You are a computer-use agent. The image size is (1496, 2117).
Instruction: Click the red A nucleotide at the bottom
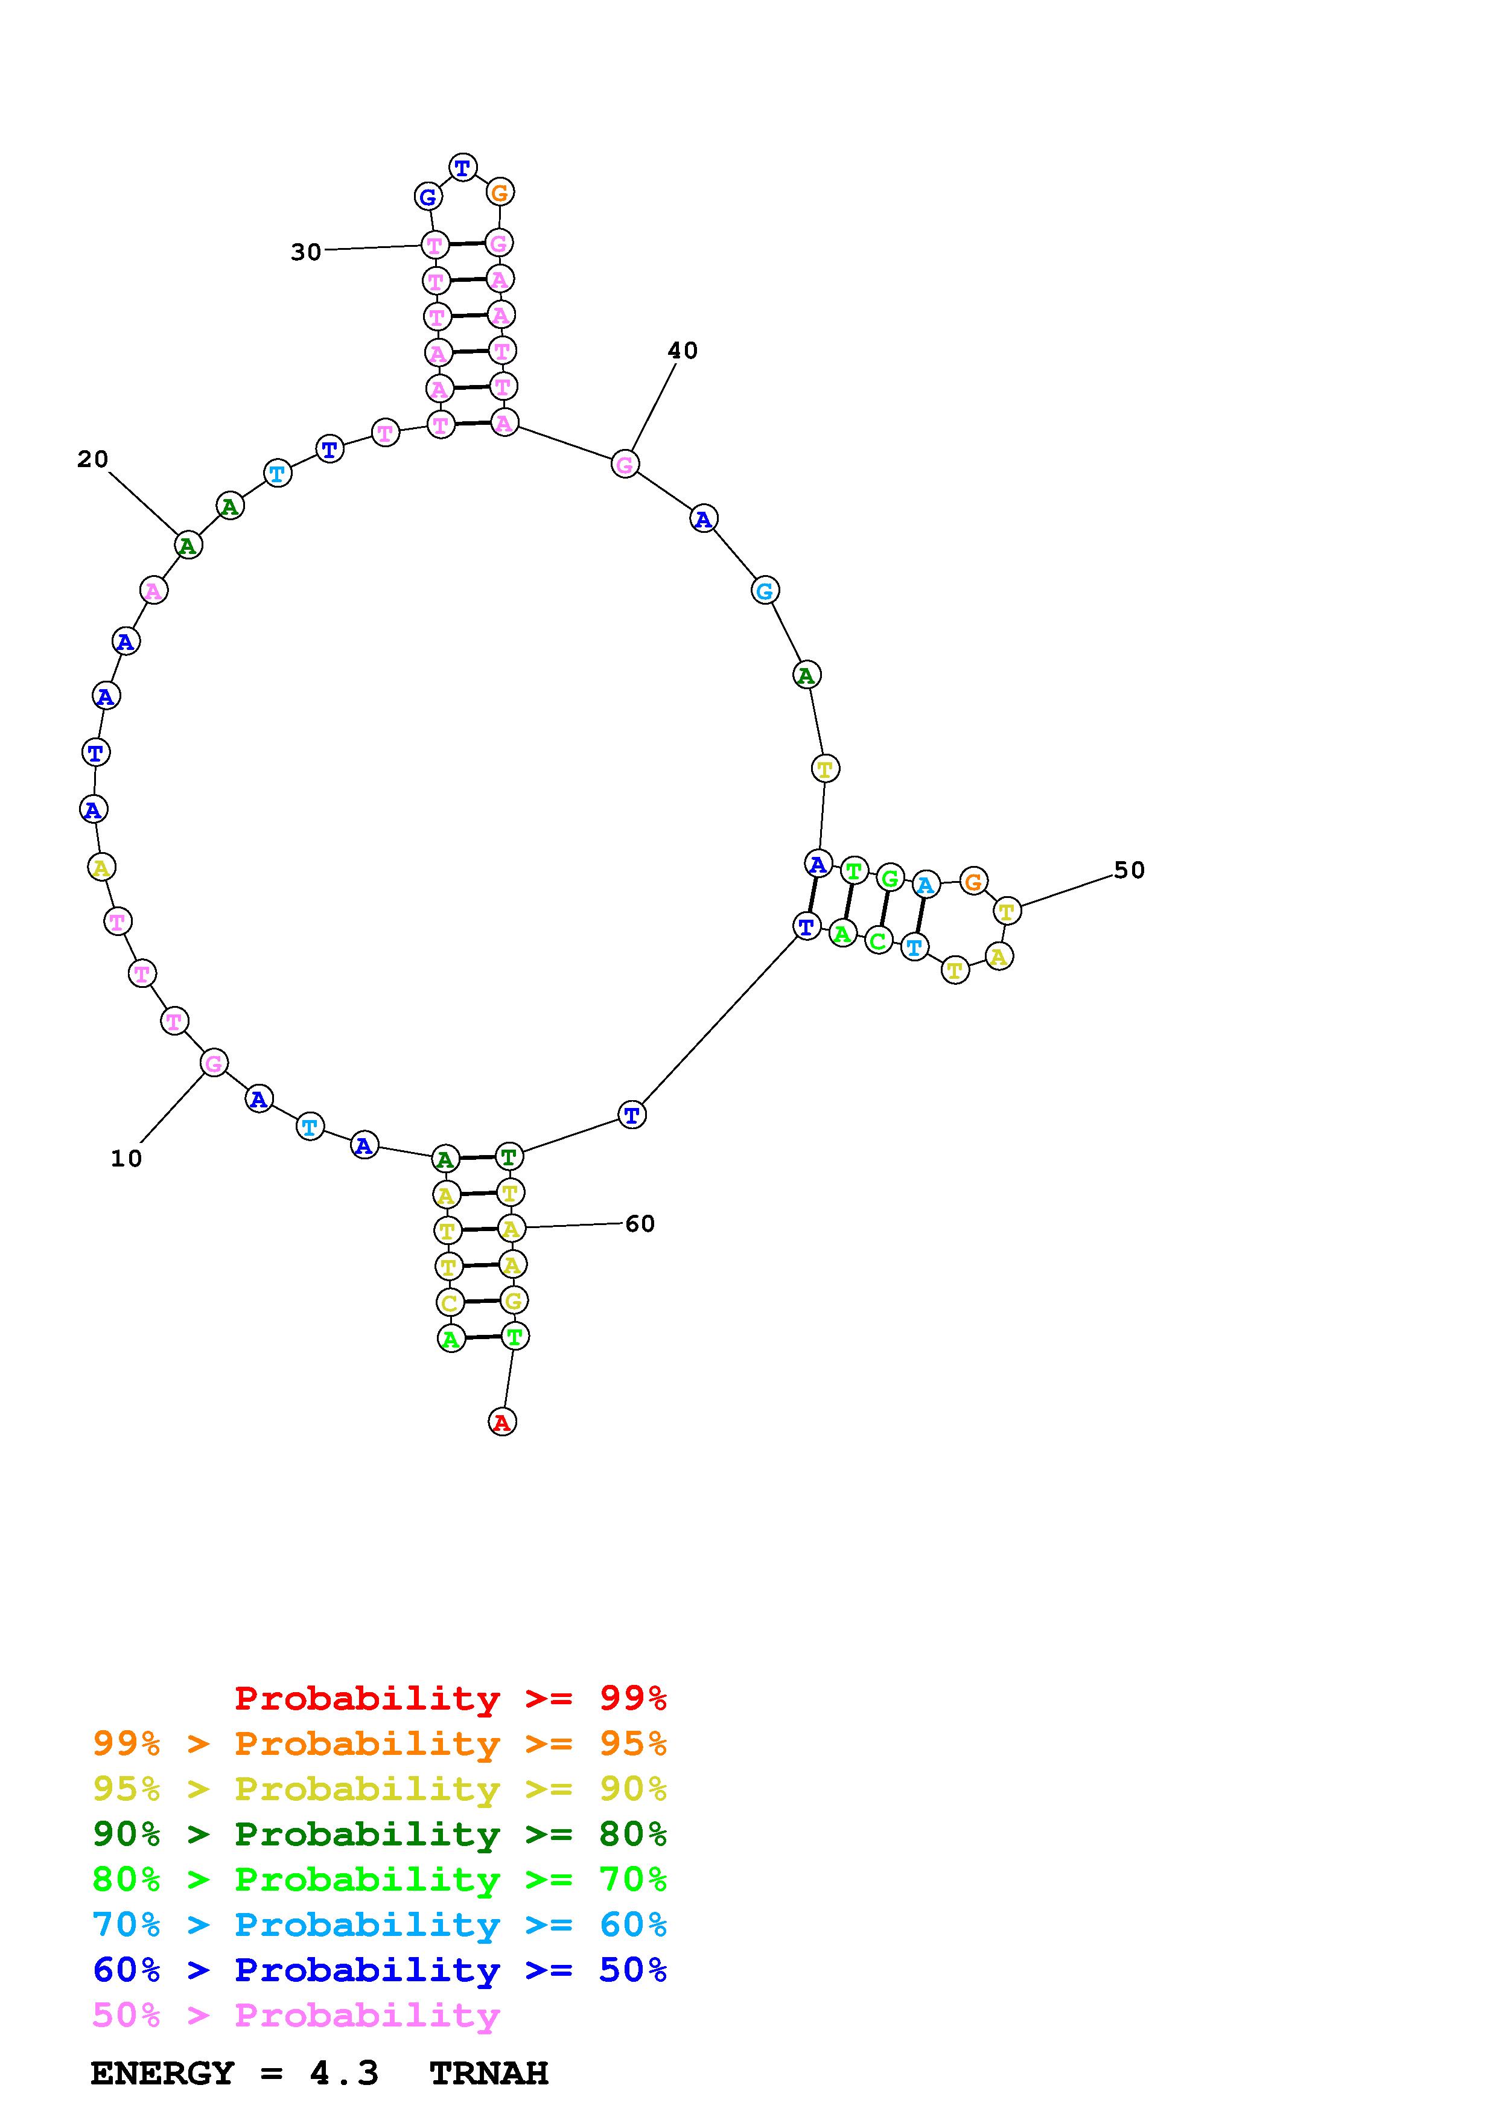tap(501, 1422)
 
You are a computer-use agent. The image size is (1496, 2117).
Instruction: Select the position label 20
tap(92, 459)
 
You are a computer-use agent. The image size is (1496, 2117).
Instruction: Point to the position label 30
tap(306, 252)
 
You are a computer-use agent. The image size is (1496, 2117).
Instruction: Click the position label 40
tap(683, 351)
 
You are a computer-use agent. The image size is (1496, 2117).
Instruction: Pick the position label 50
tap(1129, 870)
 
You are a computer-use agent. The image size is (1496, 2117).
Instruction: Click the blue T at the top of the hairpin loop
tap(463, 168)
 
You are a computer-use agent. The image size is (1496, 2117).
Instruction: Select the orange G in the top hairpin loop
tap(500, 193)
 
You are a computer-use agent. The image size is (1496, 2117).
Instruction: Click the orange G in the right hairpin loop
tap(973, 882)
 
